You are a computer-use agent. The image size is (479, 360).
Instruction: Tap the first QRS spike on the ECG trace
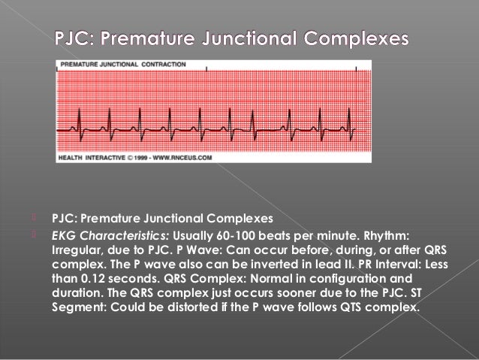tap(78, 120)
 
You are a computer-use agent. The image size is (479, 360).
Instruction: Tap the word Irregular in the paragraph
tap(76, 248)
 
